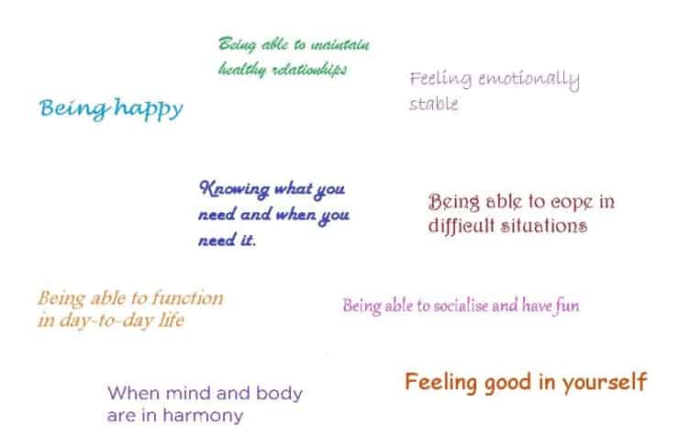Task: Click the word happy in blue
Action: [x=149, y=108]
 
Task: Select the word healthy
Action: [x=242, y=69]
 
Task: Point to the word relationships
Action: [x=309, y=70]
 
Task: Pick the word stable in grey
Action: [x=433, y=104]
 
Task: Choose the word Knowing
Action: [x=234, y=189]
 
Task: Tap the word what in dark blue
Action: [x=294, y=188]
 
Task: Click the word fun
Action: [x=567, y=306]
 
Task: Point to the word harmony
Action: [x=203, y=417]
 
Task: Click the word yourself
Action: [x=605, y=382]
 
